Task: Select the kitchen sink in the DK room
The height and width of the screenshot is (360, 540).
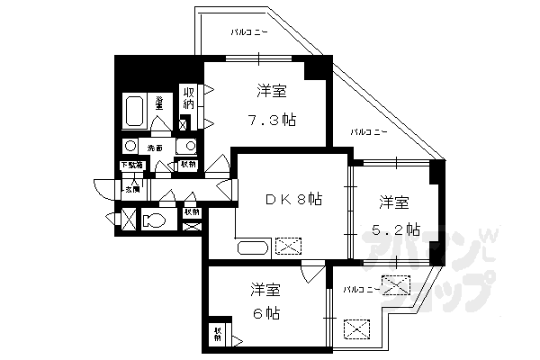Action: coord(253,247)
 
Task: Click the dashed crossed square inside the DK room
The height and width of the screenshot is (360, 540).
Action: coord(290,246)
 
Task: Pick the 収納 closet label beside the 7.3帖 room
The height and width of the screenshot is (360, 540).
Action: coord(189,99)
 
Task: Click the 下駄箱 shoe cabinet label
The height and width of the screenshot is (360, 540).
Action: coord(132,165)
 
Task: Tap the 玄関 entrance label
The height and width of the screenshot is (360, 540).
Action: coord(132,189)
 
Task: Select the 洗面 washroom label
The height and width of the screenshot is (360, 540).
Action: coord(156,147)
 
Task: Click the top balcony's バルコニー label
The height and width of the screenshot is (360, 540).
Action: coord(248,32)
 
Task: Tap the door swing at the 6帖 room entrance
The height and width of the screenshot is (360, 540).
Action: coord(310,274)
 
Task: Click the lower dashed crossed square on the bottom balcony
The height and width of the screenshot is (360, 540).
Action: coord(357,329)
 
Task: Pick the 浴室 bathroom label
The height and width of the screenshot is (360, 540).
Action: coord(159,103)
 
